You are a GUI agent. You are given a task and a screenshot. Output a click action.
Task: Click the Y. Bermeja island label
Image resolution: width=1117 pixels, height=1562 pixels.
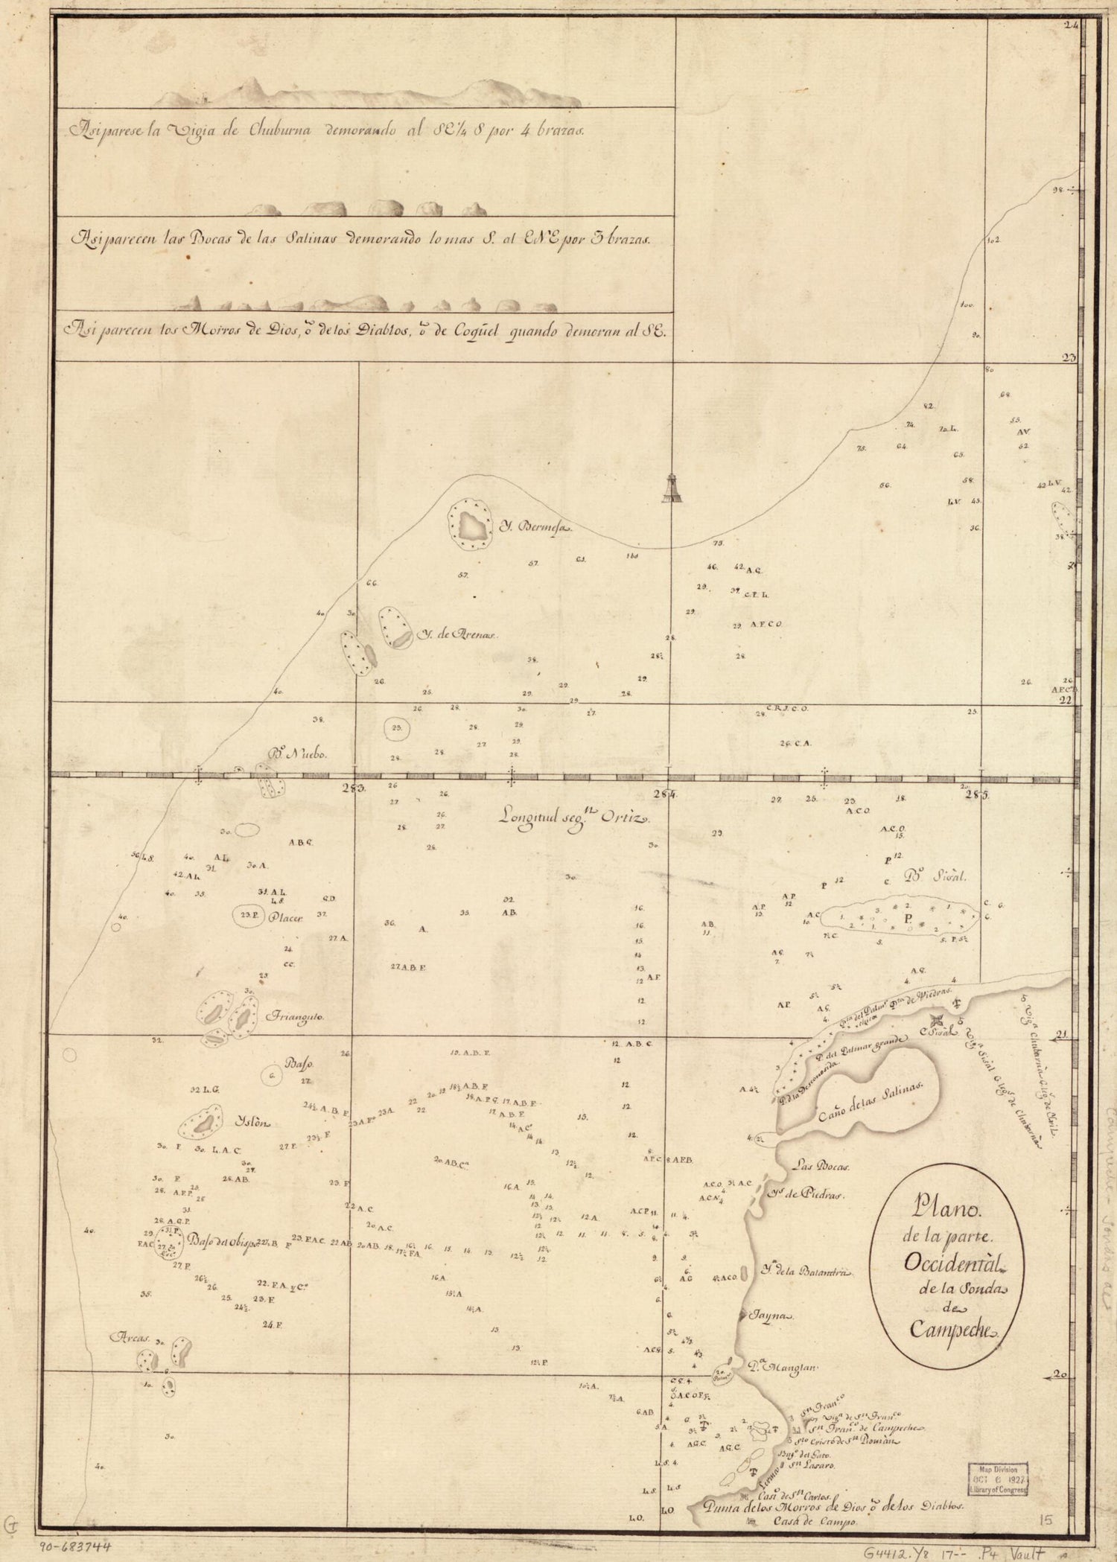pos(532,528)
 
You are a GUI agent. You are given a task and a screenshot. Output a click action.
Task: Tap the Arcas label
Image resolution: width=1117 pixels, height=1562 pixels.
pos(133,1336)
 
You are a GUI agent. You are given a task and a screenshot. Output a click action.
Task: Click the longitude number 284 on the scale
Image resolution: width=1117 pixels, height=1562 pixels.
pos(665,795)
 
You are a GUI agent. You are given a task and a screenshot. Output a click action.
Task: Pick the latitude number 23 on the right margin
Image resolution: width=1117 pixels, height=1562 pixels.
pos(1069,357)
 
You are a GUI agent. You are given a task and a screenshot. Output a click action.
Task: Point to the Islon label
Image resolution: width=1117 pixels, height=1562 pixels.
pos(254,1123)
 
